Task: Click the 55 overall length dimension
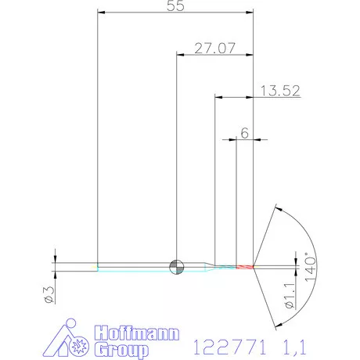(x=175, y=5)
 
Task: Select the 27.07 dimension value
(x=214, y=49)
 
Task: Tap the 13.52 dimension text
(x=280, y=91)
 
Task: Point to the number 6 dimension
(x=245, y=133)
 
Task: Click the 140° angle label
(x=311, y=267)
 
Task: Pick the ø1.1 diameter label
(x=290, y=296)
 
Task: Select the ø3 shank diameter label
(x=49, y=295)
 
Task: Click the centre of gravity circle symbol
(x=177, y=267)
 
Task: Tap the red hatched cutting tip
(x=245, y=267)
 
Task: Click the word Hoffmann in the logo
(x=137, y=333)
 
